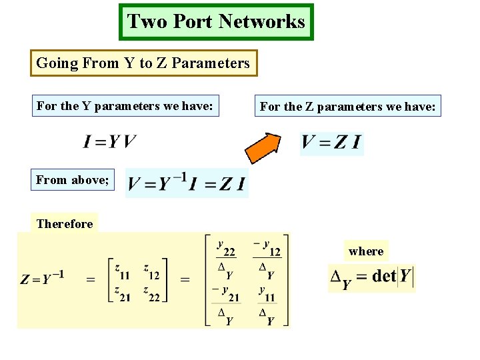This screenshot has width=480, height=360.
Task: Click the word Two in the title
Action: tap(141, 21)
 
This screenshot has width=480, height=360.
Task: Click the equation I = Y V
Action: tap(110, 141)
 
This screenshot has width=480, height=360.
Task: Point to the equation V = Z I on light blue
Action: tap(331, 143)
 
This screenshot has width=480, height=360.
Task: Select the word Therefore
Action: tap(65, 224)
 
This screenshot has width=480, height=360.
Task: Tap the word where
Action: tap(366, 251)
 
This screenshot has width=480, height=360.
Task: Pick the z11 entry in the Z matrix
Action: tap(122, 269)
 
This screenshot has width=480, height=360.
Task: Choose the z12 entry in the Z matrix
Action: tap(151, 269)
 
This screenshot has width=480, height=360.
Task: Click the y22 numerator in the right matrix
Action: tap(226, 247)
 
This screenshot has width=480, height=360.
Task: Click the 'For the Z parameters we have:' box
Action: tap(348, 106)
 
